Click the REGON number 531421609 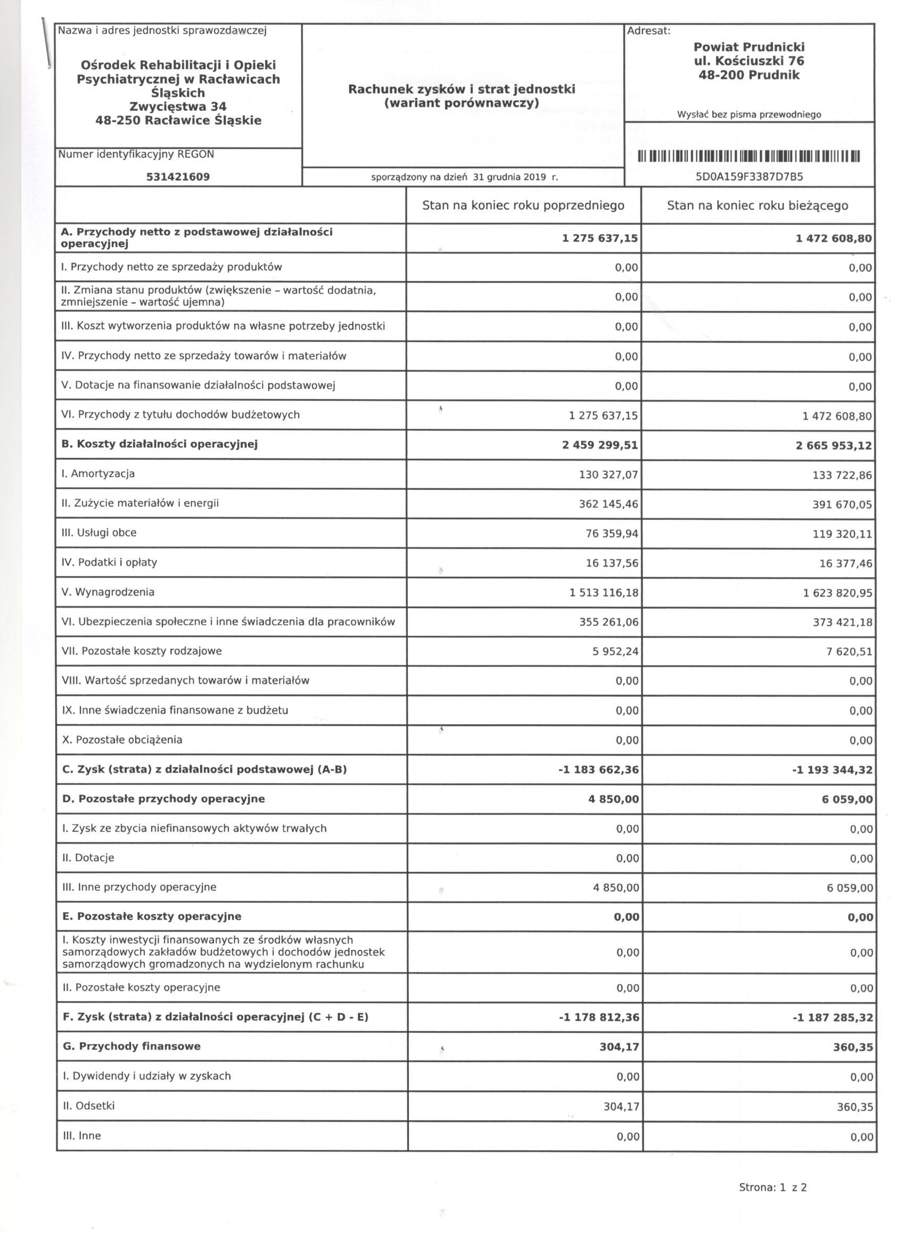click(178, 177)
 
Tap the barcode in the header click(748, 157)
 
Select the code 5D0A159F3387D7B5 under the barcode click(749, 177)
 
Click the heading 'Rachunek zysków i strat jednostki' click(462, 89)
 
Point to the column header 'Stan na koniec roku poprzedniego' click(523, 206)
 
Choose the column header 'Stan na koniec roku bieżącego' click(758, 206)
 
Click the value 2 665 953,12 click(833, 445)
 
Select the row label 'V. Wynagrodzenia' click(108, 592)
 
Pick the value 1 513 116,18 click(604, 593)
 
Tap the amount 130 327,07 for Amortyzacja click(608, 474)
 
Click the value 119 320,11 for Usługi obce click(842, 534)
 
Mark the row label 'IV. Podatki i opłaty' click(109, 562)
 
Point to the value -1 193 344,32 click(832, 770)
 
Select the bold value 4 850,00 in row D click(614, 799)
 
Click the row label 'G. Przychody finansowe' click(131, 1046)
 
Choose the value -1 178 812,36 click(599, 1017)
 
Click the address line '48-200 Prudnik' click(748, 75)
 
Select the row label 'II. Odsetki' click(88, 1105)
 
